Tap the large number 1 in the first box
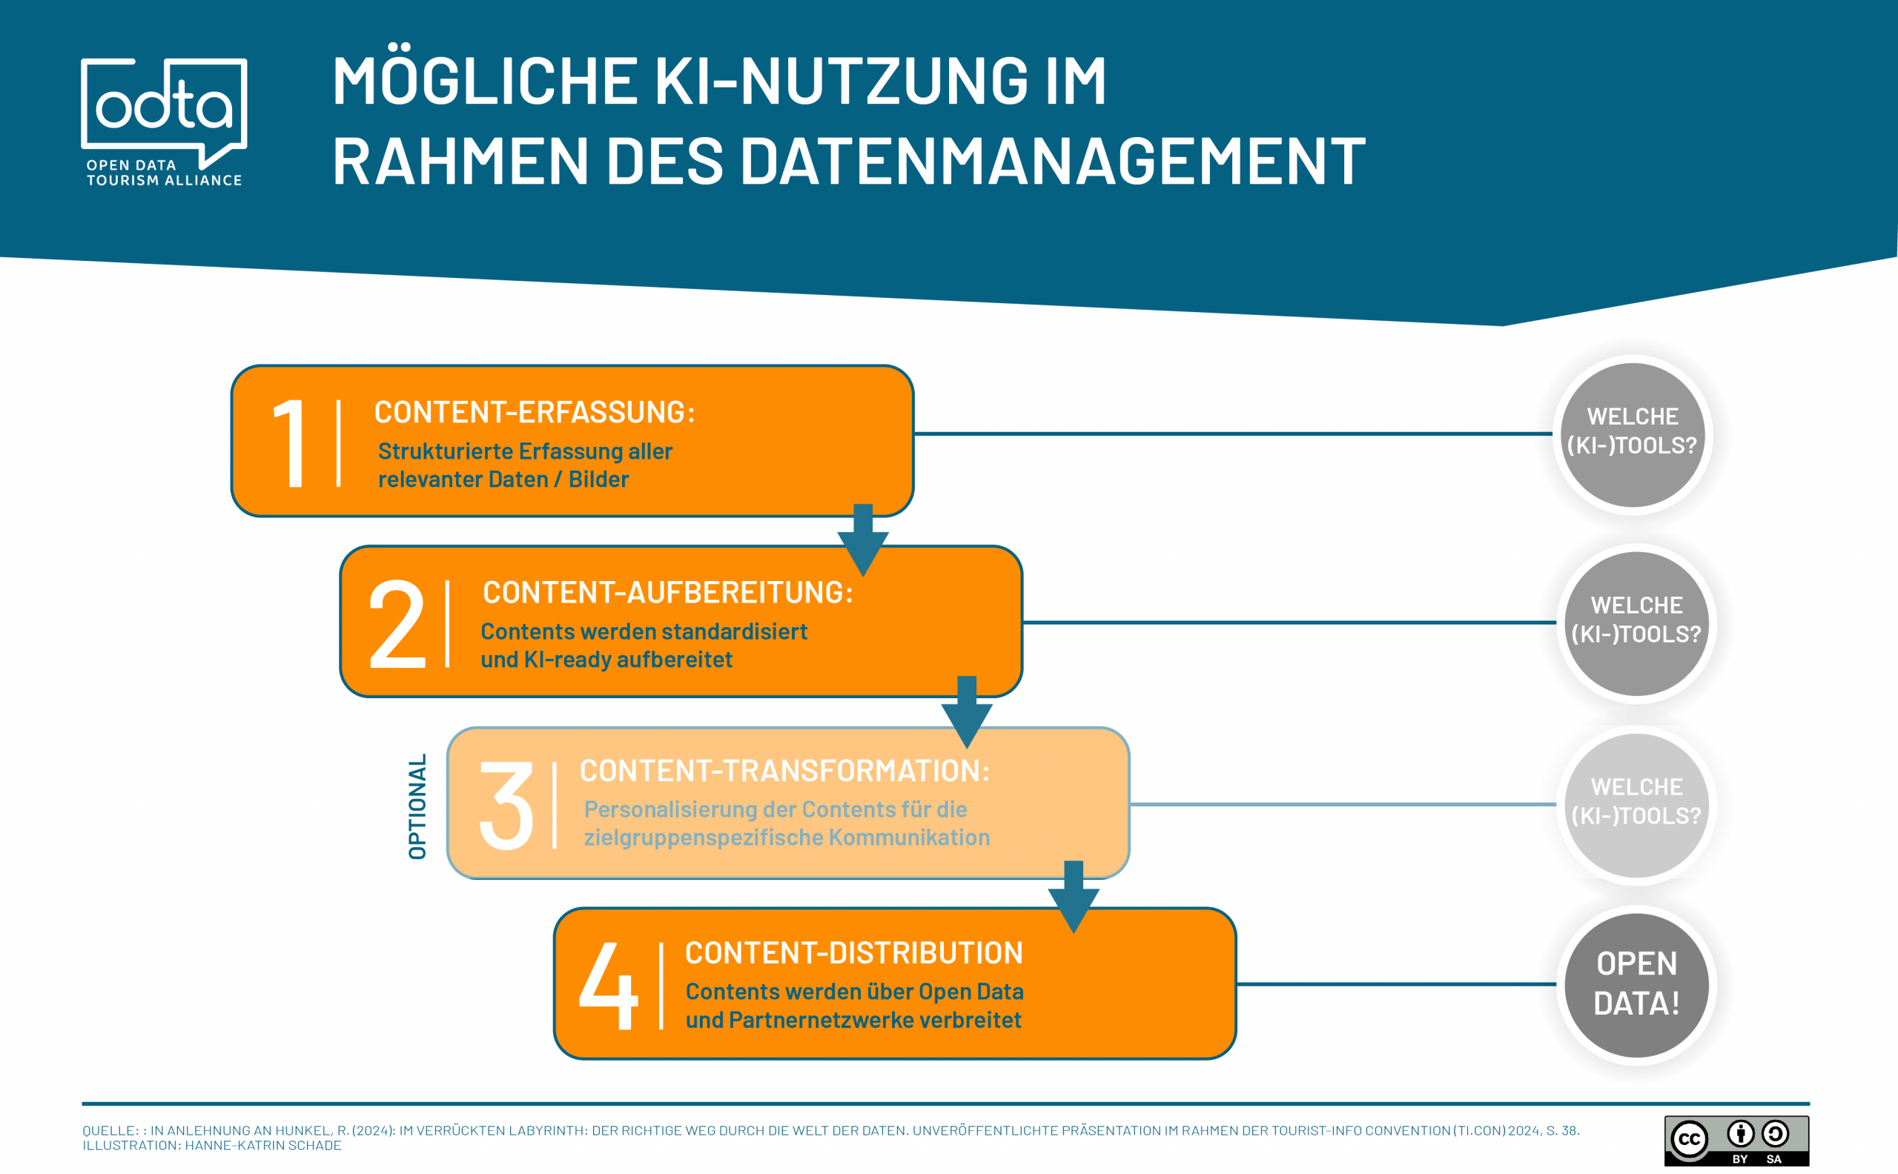pos(290,442)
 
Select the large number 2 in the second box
pos(397,623)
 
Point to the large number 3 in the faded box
pos(506,805)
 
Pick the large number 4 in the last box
pos(609,985)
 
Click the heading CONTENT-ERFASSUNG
pos(535,412)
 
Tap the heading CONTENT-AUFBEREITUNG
pos(668,592)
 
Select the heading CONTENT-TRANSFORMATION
pos(784,771)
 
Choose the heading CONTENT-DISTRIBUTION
pos(853,952)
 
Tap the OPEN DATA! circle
pos(1636,984)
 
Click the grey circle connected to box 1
pos(1633,434)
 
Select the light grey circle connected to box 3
pos(1636,803)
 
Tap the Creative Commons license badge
pos(1736,1141)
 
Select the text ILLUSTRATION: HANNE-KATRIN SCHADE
pos(212,1145)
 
